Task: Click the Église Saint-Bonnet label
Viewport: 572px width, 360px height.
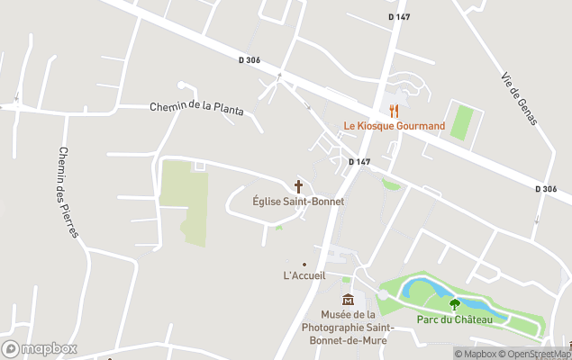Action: tap(298, 202)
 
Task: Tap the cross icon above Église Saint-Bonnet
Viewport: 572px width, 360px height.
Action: tap(298, 186)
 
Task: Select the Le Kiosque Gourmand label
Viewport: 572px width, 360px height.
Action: tap(394, 126)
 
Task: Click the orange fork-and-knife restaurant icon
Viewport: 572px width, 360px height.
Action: tap(394, 111)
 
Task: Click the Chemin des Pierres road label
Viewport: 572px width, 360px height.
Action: tap(68, 192)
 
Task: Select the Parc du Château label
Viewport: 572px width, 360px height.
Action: tap(455, 319)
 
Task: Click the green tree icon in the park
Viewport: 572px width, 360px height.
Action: tap(455, 304)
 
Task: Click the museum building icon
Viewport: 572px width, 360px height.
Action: tap(348, 299)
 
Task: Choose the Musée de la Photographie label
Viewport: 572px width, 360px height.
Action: tap(348, 326)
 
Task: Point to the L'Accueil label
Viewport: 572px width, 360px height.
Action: tap(304, 275)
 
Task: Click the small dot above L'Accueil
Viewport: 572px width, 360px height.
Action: tap(304, 264)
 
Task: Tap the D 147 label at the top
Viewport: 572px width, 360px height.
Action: tap(400, 17)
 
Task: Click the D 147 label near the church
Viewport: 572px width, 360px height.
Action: tap(359, 162)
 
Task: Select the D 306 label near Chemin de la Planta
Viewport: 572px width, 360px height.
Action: tap(250, 60)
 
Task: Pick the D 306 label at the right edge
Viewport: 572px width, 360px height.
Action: tap(545, 189)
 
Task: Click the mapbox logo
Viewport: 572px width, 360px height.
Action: tap(39, 348)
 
